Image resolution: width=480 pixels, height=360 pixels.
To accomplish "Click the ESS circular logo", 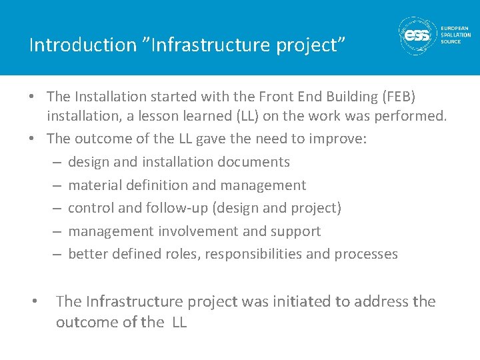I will [417, 35].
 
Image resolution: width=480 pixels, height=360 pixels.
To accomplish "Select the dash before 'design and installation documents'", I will [56, 162].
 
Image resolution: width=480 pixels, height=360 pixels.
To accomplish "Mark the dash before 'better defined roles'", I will [56, 254].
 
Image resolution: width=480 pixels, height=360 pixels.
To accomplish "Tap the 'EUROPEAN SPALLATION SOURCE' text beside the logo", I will [455, 35].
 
